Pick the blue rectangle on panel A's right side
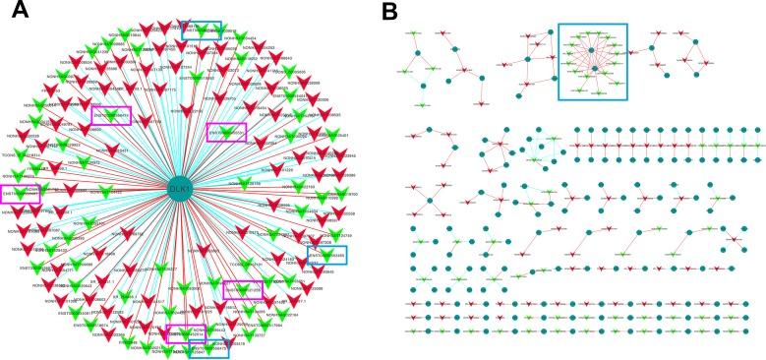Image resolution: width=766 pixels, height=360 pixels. pos(326,256)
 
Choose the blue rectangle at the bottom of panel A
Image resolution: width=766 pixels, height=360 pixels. pos(207,346)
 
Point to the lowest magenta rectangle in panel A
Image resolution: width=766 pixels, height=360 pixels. pos(187,334)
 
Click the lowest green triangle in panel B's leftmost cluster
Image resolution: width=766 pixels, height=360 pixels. pos(421,104)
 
